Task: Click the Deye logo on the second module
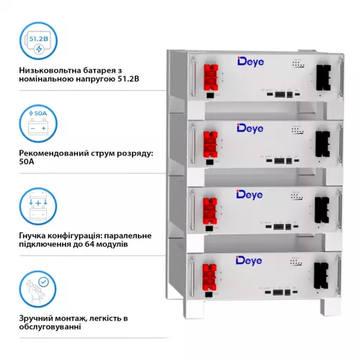pos(251,129)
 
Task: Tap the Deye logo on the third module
pos(251,194)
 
